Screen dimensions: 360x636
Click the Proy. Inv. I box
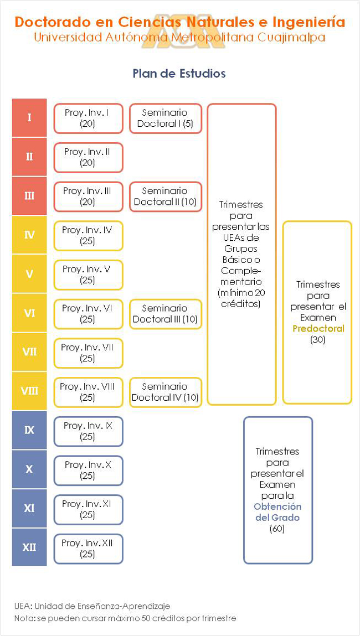point(88,118)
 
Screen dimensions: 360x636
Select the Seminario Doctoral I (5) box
point(165,118)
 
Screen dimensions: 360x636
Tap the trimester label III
point(29,196)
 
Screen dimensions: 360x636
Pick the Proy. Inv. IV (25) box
point(88,236)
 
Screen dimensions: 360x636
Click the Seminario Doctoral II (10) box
point(165,197)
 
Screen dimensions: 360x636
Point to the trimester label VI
point(29,313)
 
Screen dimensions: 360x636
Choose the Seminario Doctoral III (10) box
point(165,314)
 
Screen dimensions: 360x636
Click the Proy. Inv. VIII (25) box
point(88,392)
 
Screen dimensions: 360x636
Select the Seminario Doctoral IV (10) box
point(165,392)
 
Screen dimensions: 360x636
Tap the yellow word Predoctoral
point(317,329)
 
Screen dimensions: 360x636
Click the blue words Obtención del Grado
point(277,512)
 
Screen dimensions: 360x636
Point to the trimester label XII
point(29,547)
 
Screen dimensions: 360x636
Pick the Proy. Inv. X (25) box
point(88,470)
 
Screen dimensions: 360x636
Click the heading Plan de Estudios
point(179,74)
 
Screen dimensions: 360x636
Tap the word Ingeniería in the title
point(308,22)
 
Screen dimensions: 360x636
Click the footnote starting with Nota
point(125,618)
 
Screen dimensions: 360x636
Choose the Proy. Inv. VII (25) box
point(88,353)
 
